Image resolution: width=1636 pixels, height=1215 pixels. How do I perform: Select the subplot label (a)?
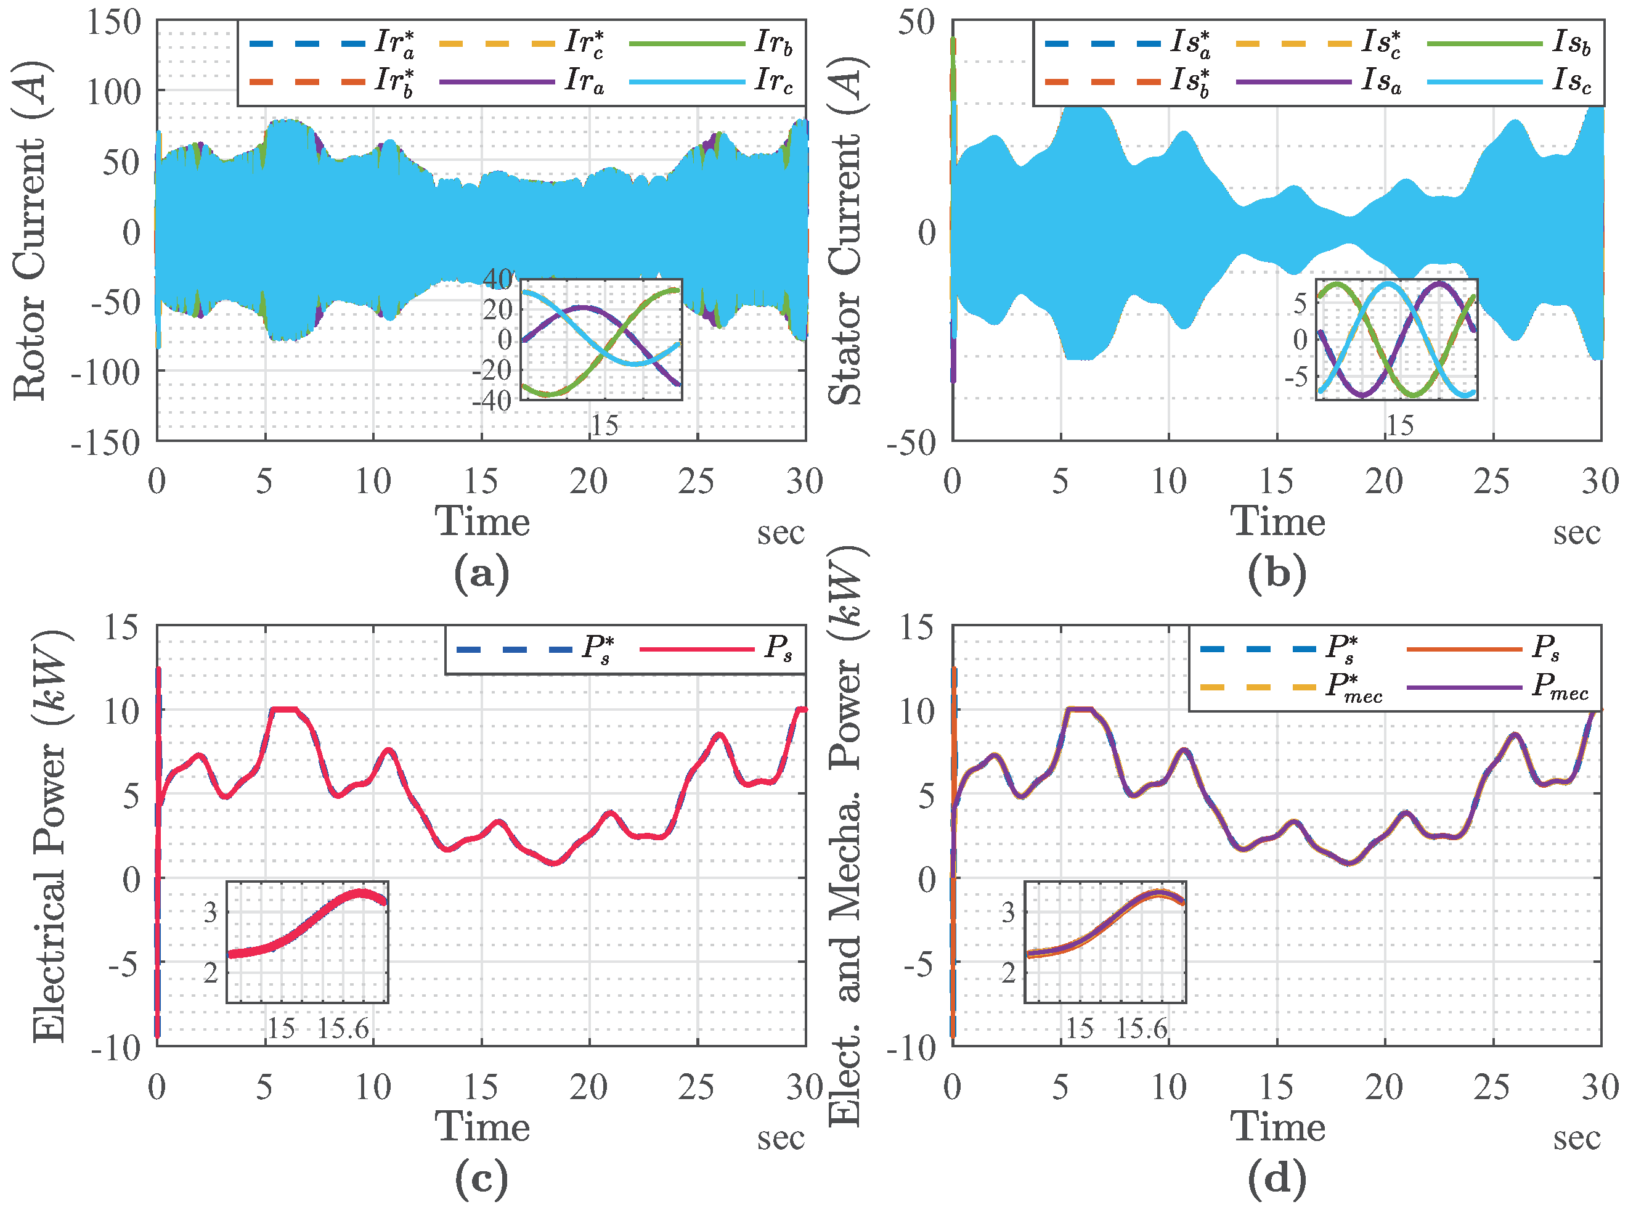pyautogui.click(x=482, y=573)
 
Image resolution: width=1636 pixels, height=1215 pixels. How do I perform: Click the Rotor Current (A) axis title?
pyautogui.click(x=31, y=232)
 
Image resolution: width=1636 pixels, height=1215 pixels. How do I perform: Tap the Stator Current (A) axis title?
pyautogui.click(x=845, y=232)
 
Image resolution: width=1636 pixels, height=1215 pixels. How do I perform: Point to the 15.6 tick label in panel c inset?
pyautogui.click(x=343, y=1028)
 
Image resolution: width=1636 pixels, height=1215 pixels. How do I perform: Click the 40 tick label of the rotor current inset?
pyautogui.click(x=498, y=279)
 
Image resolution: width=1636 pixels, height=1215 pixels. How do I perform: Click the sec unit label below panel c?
pyautogui.click(x=781, y=1139)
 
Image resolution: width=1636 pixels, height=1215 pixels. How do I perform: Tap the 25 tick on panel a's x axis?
pyautogui.click(x=696, y=481)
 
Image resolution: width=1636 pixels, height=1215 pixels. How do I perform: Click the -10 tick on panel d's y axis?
pyautogui.click(x=910, y=1049)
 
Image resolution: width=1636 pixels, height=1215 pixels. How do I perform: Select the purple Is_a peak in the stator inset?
pyautogui.click(x=1439, y=283)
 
